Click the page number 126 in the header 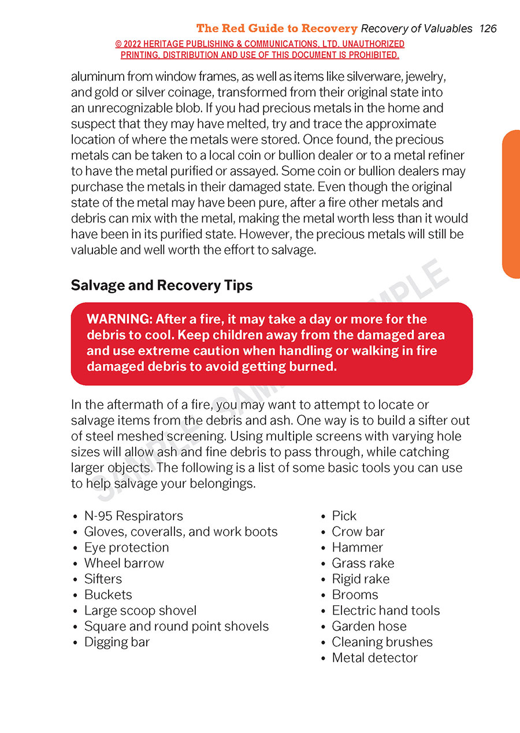(488, 28)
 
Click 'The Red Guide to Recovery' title (277, 28)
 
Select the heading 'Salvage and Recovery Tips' (161, 286)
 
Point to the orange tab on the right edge (511, 204)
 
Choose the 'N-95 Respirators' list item (133, 516)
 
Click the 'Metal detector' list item (374, 657)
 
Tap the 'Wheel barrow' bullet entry (124, 563)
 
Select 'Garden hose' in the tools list (369, 626)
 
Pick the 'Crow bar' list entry (358, 531)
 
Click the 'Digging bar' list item (117, 642)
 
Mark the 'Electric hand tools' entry (385, 610)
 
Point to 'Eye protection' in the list (127, 547)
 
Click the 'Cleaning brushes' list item (382, 642)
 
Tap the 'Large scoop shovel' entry (140, 610)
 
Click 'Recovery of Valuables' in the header (417, 28)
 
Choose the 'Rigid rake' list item (361, 579)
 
